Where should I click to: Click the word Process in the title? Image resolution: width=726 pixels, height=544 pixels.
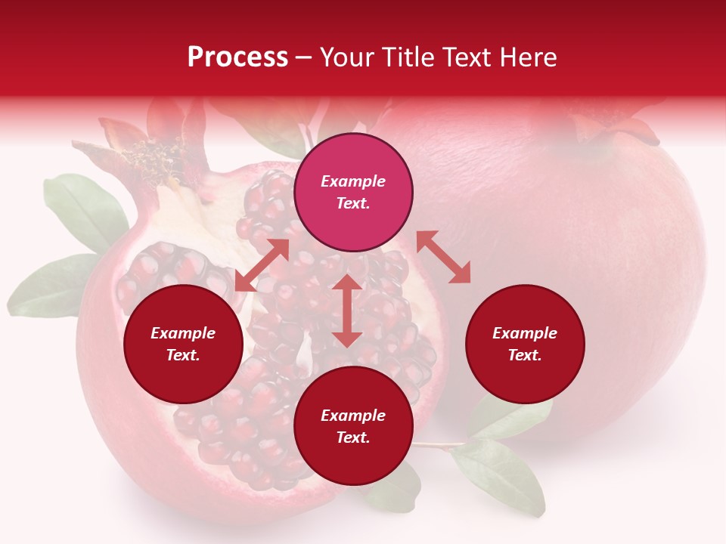click(237, 57)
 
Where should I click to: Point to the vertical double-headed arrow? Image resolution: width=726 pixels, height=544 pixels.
click(347, 311)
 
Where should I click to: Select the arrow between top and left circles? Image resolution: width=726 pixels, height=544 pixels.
click(262, 264)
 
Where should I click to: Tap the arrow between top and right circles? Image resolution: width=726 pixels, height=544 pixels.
click(444, 257)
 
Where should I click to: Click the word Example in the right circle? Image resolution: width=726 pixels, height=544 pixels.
click(525, 333)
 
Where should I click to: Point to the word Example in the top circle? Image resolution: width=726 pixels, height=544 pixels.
click(353, 181)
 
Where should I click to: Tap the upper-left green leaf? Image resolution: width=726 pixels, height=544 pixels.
click(83, 208)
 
